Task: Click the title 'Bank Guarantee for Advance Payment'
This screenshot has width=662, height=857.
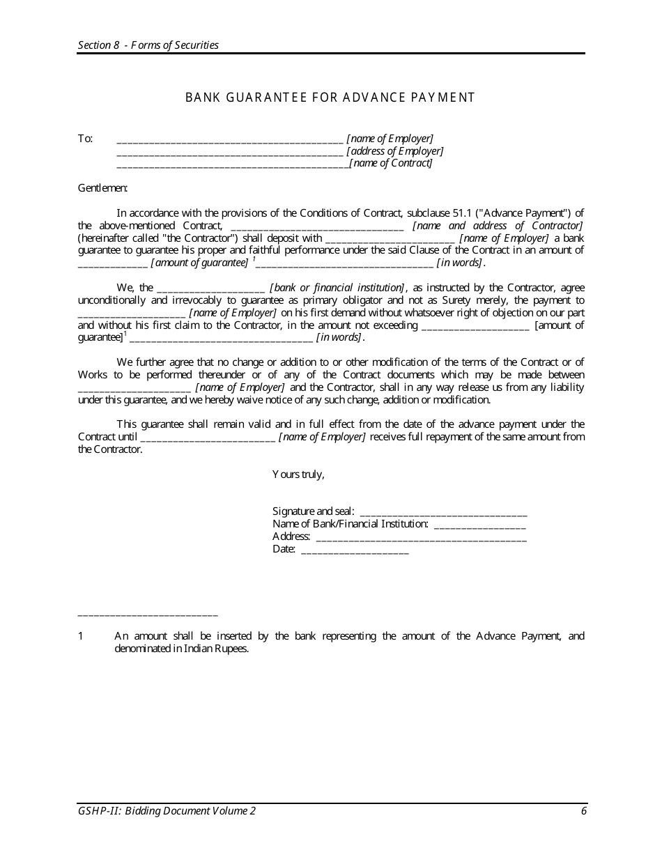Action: click(x=330, y=98)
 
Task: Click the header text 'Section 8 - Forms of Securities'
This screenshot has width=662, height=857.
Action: click(x=148, y=45)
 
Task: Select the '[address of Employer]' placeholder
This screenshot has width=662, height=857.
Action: click(x=394, y=151)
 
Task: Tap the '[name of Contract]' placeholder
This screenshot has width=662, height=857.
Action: click(x=391, y=164)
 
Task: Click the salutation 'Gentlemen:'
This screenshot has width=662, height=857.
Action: click(x=102, y=188)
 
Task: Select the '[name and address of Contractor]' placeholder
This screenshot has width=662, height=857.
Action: click(x=498, y=226)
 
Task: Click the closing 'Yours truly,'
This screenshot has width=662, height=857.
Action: click(x=298, y=474)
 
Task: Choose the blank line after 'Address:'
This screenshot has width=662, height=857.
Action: click(x=421, y=536)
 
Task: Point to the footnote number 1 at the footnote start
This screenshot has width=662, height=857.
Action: click(x=81, y=636)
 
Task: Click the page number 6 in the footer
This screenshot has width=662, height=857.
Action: click(x=583, y=811)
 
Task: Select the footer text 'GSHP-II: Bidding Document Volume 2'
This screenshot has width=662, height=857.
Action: click(x=167, y=811)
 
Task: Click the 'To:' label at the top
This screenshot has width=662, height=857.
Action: click(x=85, y=139)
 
